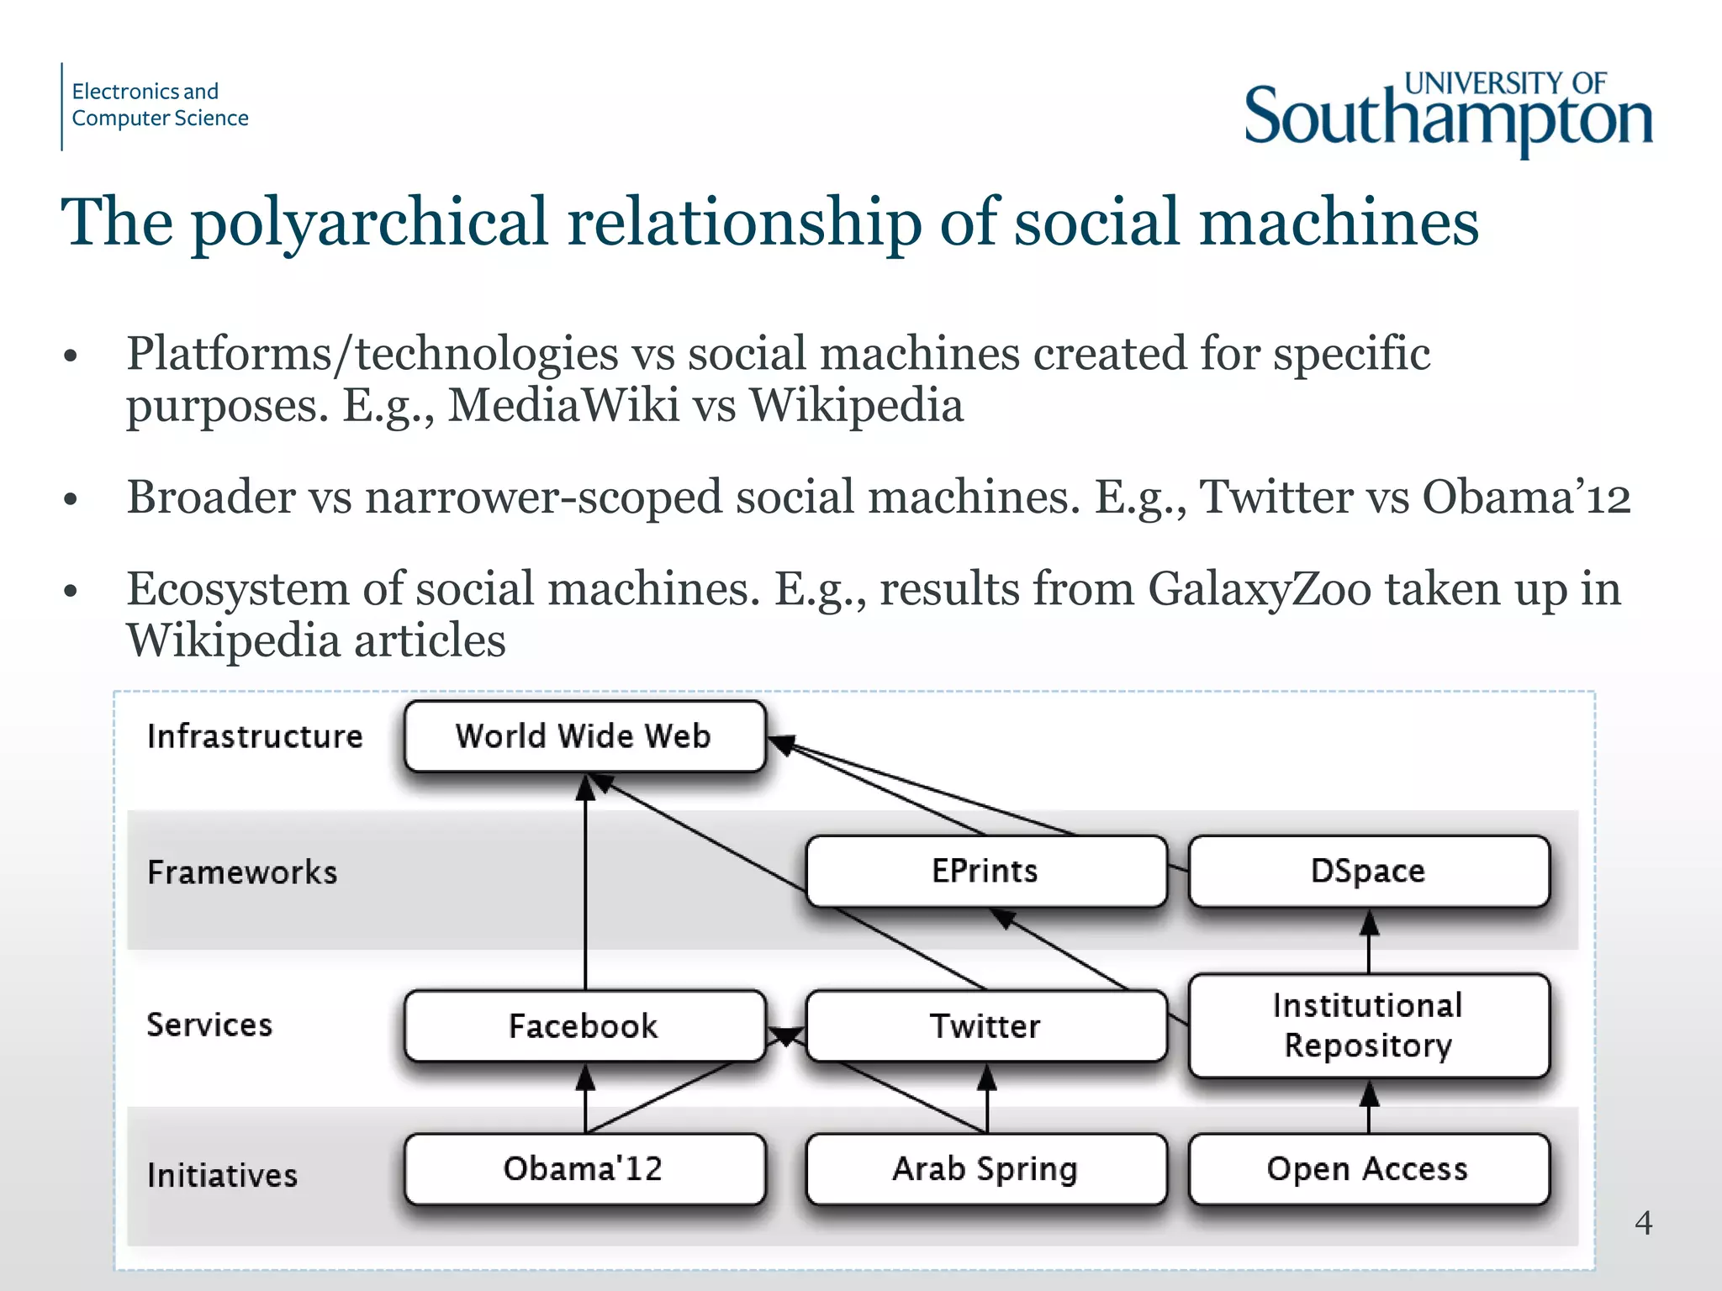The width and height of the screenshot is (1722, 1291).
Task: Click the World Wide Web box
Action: tap(584, 736)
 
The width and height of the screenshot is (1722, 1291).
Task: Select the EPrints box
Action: tap(985, 871)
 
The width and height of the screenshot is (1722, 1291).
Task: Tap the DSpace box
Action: tap(1368, 871)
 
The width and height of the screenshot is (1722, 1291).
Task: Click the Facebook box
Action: tap(584, 1025)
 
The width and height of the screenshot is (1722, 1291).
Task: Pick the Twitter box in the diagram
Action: tap(985, 1025)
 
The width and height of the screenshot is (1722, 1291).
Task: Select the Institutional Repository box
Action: tap(1368, 1025)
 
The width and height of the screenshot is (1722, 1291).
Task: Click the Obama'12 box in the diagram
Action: tap(584, 1169)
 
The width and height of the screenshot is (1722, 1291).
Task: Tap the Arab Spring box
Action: tap(985, 1169)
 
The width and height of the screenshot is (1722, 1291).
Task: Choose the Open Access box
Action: tap(1368, 1169)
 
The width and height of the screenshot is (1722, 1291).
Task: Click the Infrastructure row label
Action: tap(255, 736)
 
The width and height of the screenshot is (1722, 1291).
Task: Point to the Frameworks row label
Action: tap(242, 872)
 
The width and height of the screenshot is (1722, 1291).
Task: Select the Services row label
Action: tap(209, 1025)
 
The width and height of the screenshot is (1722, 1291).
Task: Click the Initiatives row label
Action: tap(222, 1175)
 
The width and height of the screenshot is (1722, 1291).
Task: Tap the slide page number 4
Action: tap(1643, 1223)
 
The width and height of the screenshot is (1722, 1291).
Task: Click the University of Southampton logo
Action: tap(1448, 114)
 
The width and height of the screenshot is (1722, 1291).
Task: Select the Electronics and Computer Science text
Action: tap(160, 105)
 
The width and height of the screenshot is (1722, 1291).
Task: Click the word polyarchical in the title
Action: tap(370, 222)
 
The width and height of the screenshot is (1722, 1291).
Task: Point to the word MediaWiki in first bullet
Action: tap(563, 405)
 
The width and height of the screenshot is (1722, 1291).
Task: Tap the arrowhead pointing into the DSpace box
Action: tap(1369, 924)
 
